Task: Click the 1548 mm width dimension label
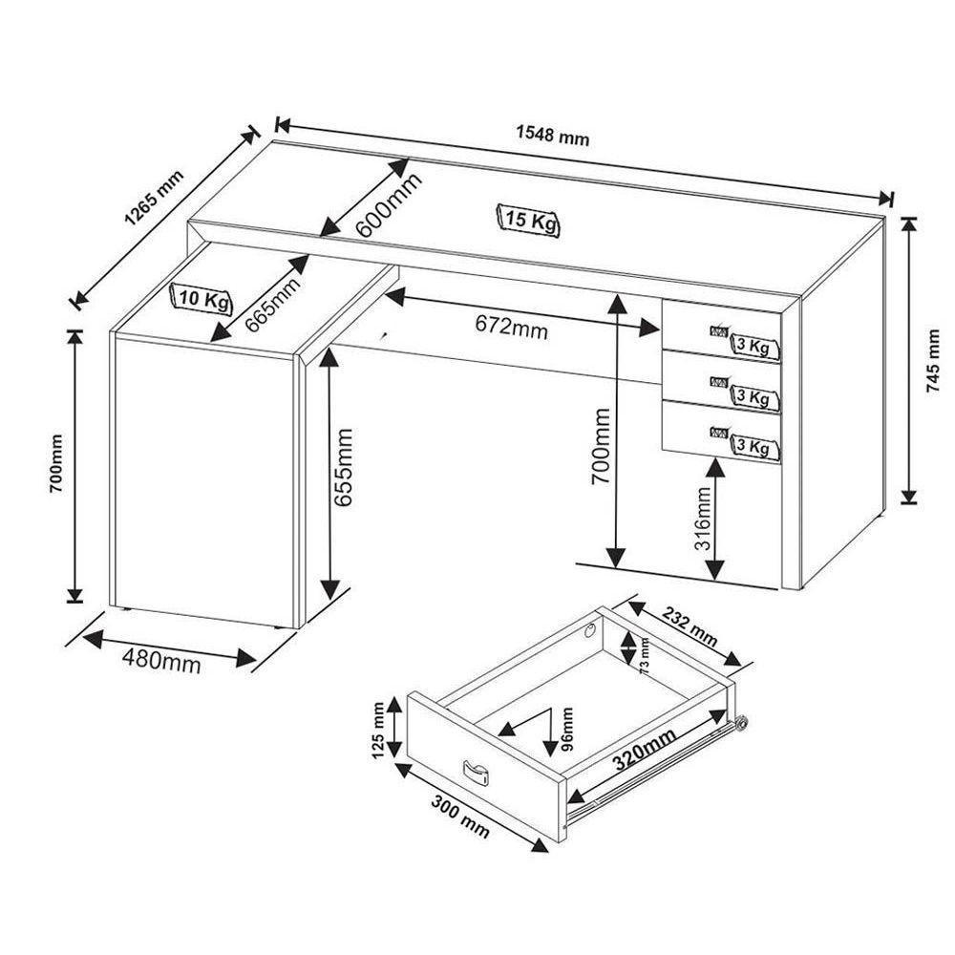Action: (553, 136)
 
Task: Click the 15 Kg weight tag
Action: (529, 221)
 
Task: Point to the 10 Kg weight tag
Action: (202, 299)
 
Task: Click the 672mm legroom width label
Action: (512, 328)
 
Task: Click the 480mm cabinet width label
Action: (162, 660)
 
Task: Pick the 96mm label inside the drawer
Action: (567, 729)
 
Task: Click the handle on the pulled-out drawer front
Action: (475, 773)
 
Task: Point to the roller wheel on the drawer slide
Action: (739, 725)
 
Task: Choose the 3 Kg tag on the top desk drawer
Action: (752, 347)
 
